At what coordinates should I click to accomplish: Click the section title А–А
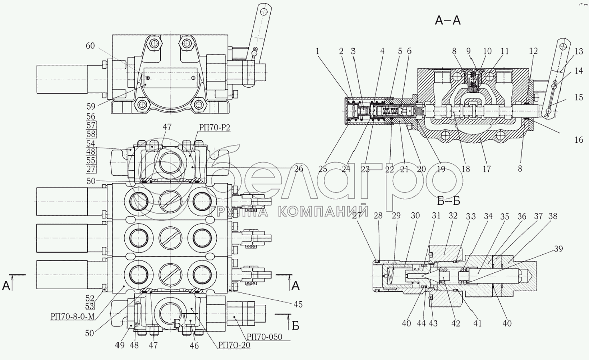pyautogui.click(x=447, y=20)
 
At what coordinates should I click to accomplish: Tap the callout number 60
pyautogui.click(x=90, y=46)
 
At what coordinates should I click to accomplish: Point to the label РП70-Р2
pyautogui.click(x=214, y=128)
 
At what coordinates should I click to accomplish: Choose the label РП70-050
pyautogui.click(x=264, y=337)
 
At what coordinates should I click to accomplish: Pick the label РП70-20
pyautogui.click(x=234, y=345)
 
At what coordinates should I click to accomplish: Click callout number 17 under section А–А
pyautogui.click(x=486, y=169)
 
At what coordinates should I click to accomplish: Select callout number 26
pyautogui.click(x=298, y=169)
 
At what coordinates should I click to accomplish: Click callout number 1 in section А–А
pyautogui.click(x=317, y=51)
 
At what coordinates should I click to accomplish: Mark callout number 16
pyautogui.click(x=579, y=140)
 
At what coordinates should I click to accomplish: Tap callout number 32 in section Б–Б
pyautogui.click(x=453, y=216)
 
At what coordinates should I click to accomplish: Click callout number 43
pyautogui.click(x=433, y=324)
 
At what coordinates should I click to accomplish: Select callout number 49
pyautogui.click(x=120, y=345)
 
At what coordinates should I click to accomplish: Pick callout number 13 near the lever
pyautogui.click(x=579, y=51)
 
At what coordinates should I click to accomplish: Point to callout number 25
pyautogui.click(x=323, y=169)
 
